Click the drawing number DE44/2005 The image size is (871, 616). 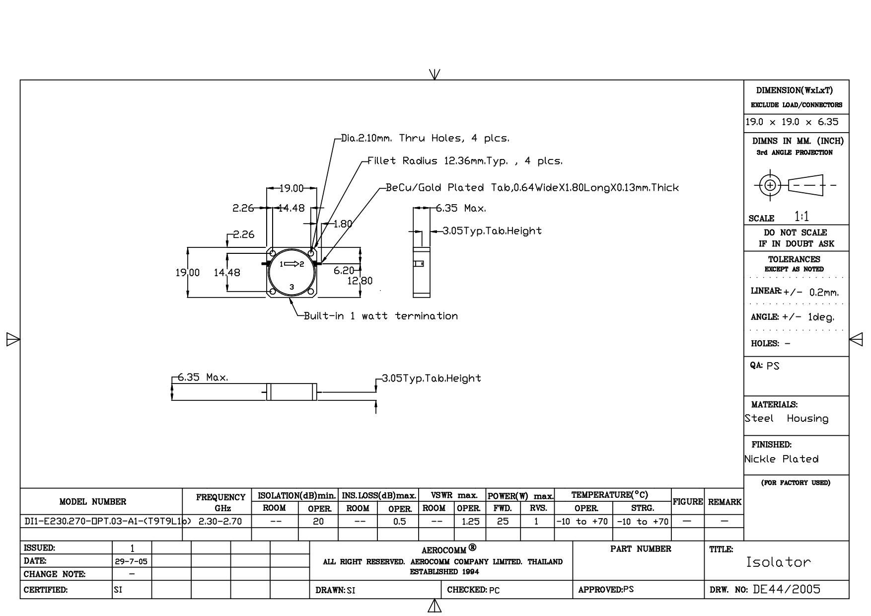click(x=787, y=589)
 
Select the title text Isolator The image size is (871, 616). click(x=778, y=562)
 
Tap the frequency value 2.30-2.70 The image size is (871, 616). click(x=220, y=521)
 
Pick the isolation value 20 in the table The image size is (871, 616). click(x=318, y=521)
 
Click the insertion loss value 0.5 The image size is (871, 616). click(x=399, y=521)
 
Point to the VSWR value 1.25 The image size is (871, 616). click(x=470, y=521)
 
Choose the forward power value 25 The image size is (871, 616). click(x=503, y=521)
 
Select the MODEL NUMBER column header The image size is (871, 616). click(x=93, y=502)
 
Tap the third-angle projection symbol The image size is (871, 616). click(x=795, y=185)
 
